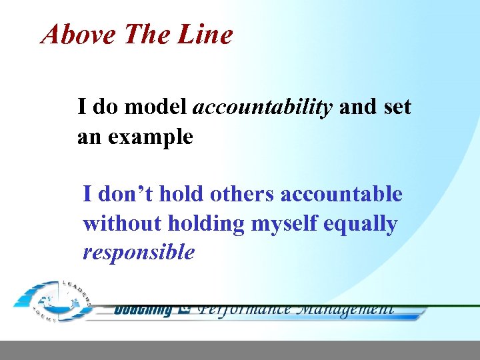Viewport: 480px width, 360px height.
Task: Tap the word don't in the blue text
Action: tap(124, 194)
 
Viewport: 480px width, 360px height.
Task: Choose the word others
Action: tap(242, 194)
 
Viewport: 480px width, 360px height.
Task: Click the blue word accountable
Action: tap(341, 194)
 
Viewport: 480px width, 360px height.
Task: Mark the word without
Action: tap(121, 223)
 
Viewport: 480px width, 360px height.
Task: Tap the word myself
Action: tap(284, 223)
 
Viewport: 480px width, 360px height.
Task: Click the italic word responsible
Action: tap(139, 253)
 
